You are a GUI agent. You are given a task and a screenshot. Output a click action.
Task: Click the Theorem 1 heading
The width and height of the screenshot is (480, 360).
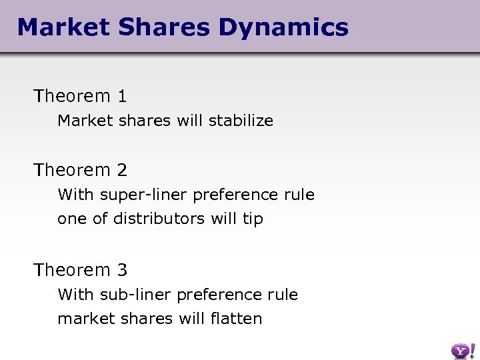click(x=80, y=96)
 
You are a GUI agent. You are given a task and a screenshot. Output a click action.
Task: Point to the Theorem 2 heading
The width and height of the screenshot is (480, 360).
click(x=80, y=170)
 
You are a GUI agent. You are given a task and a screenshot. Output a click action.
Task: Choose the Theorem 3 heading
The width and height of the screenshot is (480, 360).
click(x=80, y=270)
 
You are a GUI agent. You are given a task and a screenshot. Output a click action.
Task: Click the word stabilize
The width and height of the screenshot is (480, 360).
click(x=241, y=121)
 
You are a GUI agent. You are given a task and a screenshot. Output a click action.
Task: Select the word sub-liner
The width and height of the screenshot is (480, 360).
click(x=133, y=295)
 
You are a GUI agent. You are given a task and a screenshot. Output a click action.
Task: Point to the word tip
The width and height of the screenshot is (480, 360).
click(x=253, y=219)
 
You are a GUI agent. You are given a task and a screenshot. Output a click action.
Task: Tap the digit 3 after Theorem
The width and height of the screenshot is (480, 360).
click(x=122, y=270)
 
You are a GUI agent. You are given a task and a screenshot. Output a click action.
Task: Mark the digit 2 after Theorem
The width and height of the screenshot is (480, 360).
click(x=122, y=170)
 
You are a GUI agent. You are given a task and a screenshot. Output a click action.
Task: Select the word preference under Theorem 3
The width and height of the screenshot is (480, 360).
click(x=220, y=295)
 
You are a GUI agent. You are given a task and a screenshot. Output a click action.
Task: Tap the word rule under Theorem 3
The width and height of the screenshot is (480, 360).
click(x=284, y=295)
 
